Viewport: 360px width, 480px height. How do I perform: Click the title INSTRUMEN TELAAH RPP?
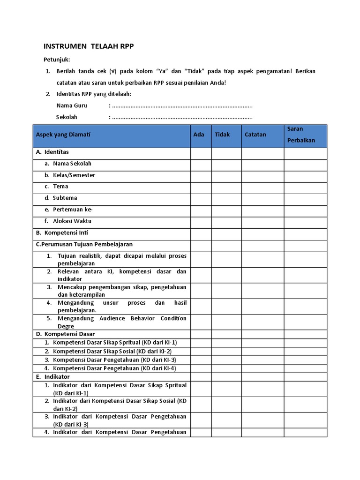(x=89, y=46)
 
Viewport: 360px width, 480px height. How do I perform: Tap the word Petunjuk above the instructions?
(x=57, y=60)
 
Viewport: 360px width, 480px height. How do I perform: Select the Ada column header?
(x=199, y=135)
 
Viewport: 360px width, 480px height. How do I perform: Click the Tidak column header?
(x=222, y=135)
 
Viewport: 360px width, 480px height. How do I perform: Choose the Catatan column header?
(x=255, y=135)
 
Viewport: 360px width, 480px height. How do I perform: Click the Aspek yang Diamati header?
(x=63, y=135)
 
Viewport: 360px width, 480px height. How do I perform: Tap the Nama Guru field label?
(x=72, y=105)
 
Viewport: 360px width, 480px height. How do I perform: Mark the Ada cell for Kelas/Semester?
(x=201, y=175)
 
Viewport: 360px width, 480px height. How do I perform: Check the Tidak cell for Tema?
(x=226, y=187)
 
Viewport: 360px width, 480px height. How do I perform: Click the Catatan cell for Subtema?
(x=262, y=198)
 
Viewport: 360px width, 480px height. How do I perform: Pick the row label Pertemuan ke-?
(x=75, y=210)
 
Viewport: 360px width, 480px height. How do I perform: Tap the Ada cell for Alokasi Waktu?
(x=201, y=221)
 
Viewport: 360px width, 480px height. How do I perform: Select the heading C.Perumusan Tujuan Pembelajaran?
(x=84, y=244)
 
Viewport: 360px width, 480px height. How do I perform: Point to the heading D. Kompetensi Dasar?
(x=65, y=334)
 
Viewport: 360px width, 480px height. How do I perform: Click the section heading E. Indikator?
(x=52, y=377)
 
